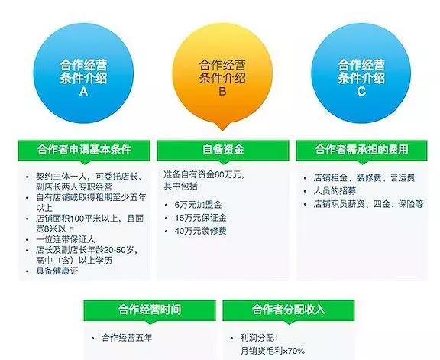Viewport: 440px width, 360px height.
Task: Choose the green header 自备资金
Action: point(220,148)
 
